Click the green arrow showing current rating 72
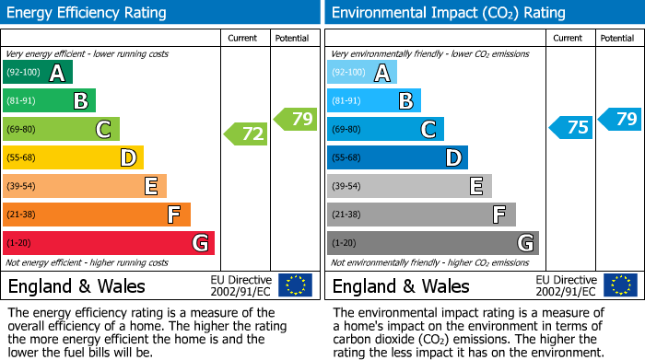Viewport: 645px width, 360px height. coord(246,134)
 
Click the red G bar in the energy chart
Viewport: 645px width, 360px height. coord(109,243)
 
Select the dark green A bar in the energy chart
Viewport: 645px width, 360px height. coord(38,73)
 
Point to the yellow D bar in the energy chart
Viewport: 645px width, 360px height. coord(74,157)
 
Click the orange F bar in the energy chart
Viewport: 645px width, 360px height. coord(97,215)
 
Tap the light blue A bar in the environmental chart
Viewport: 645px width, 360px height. coord(362,73)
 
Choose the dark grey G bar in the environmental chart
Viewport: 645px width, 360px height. coord(432,243)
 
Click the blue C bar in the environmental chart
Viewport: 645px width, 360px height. coord(385,129)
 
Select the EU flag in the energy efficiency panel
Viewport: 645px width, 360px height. coord(295,285)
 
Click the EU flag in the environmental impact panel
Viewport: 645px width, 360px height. coord(619,285)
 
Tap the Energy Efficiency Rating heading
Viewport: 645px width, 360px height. coord(88,13)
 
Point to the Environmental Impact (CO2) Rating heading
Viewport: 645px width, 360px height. coord(448,13)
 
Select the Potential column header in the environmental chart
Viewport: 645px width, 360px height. coord(617,38)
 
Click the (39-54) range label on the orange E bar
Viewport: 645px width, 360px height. coord(22,186)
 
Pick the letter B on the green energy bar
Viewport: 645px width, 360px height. coord(81,101)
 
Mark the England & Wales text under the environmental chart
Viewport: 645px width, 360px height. coord(401,286)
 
